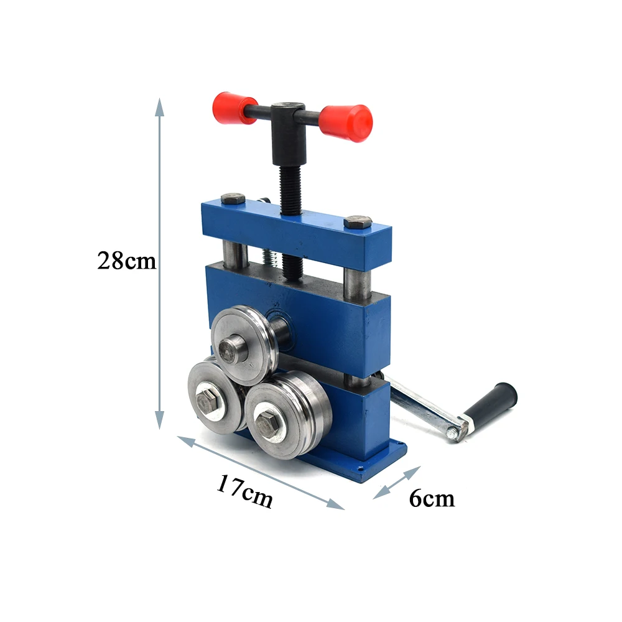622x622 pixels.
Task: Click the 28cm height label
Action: (126, 261)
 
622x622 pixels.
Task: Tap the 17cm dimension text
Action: (245, 491)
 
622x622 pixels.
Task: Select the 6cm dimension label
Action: (432, 498)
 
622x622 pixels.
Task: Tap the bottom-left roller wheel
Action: (214, 395)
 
